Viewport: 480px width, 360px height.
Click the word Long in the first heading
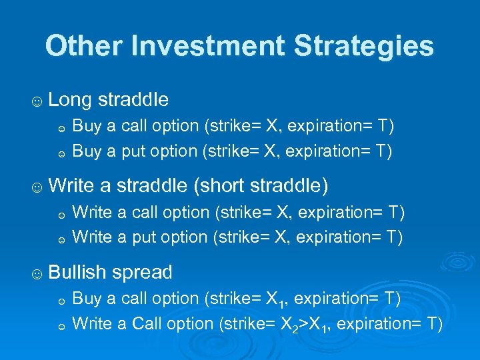[71, 100]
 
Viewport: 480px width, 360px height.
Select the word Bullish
[77, 272]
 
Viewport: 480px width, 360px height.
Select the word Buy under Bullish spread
[85, 298]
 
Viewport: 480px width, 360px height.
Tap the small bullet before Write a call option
[61, 215]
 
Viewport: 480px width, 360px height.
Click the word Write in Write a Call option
[92, 324]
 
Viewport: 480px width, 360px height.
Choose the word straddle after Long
[133, 100]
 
